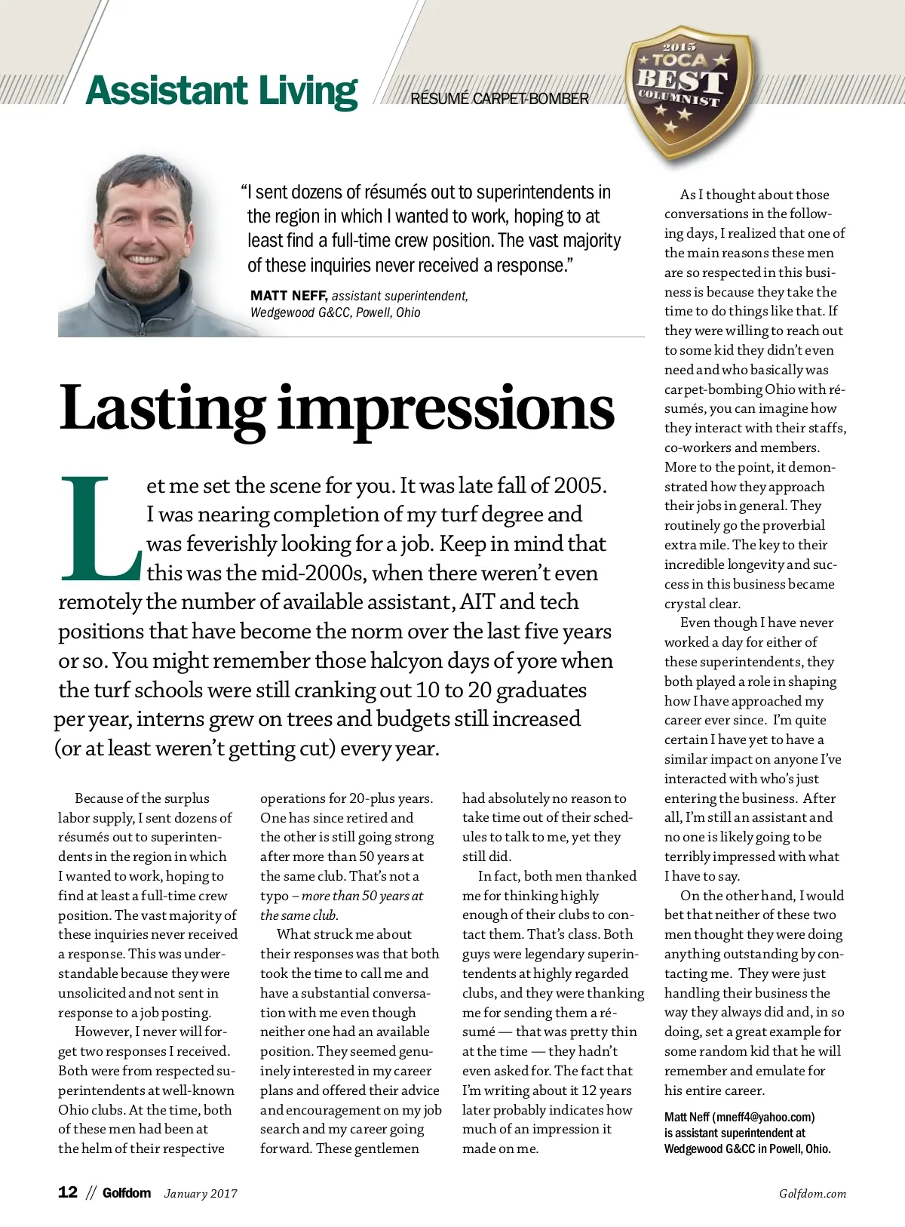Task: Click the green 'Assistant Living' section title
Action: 222,91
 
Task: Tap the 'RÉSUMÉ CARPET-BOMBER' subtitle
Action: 499,99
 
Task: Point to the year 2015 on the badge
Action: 679,48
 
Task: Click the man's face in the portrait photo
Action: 143,226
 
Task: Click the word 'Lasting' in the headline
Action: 161,408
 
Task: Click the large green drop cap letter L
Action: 99,528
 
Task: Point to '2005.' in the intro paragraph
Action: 580,485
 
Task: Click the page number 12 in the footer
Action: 68,1192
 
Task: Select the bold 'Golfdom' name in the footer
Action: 127,1193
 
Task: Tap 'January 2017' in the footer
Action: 201,1194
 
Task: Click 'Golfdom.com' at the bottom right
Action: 812,1194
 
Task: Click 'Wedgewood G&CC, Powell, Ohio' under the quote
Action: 335,312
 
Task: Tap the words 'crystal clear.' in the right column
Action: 702,604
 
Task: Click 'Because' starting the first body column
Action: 98,798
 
